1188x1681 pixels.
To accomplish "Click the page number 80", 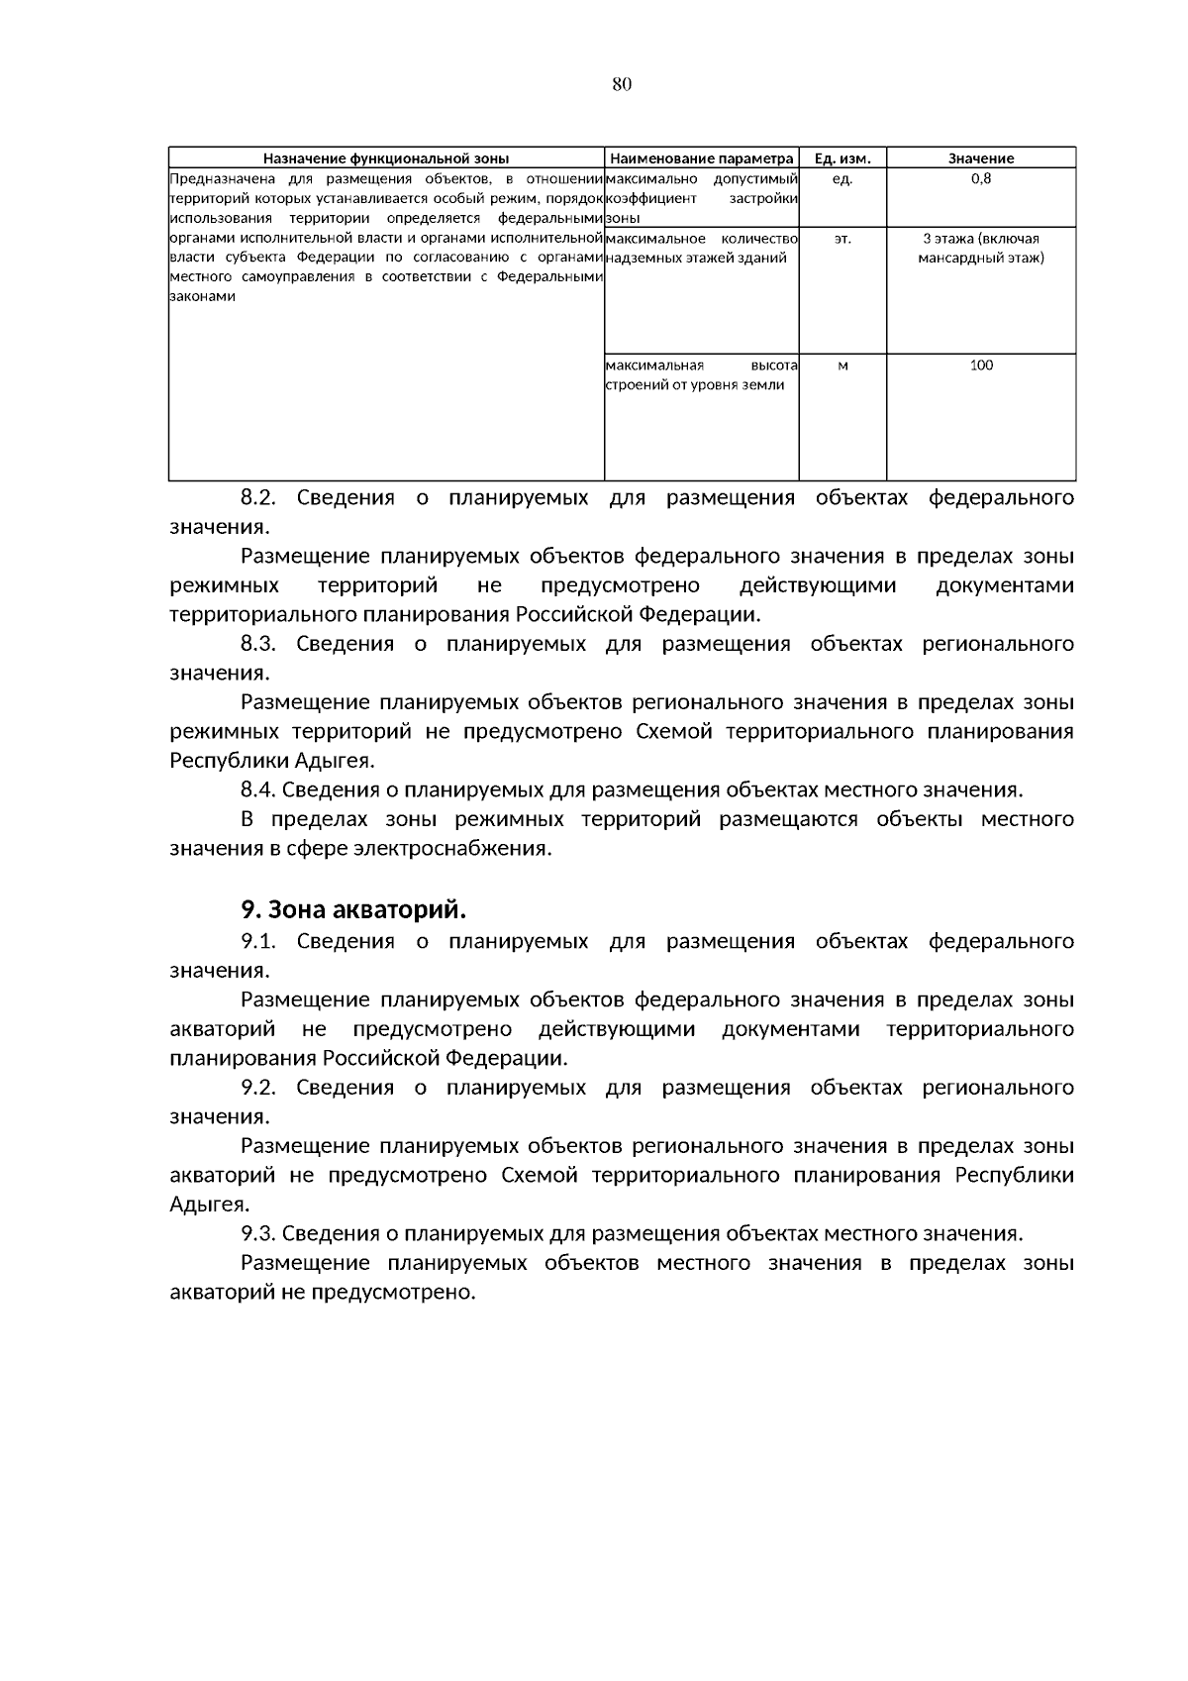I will (622, 84).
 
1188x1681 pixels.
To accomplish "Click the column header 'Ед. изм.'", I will (841, 158).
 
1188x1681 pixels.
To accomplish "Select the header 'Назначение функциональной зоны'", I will (386, 158).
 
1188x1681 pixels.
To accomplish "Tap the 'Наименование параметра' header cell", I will (701, 158).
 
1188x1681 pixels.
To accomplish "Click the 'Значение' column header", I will (980, 158).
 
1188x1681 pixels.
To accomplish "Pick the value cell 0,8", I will (980, 179).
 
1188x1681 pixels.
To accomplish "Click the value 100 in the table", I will (980, 366).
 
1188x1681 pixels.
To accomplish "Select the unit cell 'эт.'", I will (841, 239).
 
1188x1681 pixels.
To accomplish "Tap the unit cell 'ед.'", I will (841, 179).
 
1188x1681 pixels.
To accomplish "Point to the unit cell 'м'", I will (841, 366).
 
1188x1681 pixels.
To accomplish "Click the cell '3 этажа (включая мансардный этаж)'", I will (980, 249).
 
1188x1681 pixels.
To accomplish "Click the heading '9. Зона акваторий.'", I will (353, 909).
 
